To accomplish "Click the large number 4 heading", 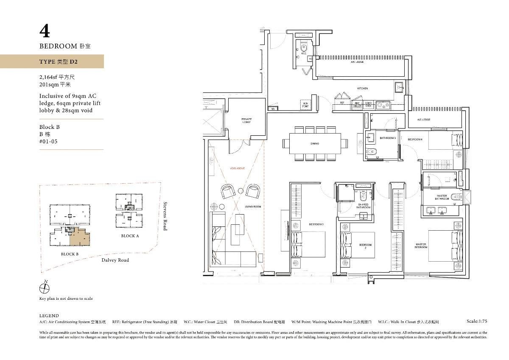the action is tap(45, 31).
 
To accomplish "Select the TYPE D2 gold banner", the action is tap(52, 61).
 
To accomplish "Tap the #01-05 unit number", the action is tap(48, 142).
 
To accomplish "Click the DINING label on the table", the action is tap(315, 143).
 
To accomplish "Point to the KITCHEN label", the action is tap(362, 88).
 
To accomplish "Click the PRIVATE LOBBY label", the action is tap(246, 120).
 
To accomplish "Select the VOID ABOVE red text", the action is tap(238, 168).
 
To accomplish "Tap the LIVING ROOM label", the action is tap(253, 207).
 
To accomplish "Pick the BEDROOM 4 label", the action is tap(415, 139).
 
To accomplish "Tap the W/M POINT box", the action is tap(305, 104).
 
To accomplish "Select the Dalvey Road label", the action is tap(115, 260).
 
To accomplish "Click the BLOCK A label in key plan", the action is tap(130, 236).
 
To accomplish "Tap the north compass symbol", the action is tap(45, 288).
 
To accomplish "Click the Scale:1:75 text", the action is tap(476, 321).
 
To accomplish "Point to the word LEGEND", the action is tap(49, 315).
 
